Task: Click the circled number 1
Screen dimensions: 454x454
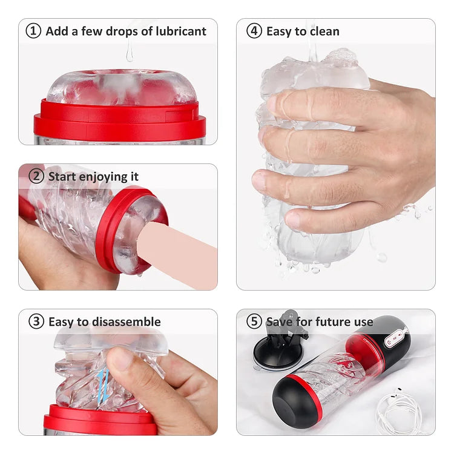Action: (33, 31)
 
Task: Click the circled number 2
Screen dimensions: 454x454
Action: (36, 176)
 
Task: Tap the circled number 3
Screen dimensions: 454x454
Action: (36, 321)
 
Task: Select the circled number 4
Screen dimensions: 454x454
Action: (254, 31)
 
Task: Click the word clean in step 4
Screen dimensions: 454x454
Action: (323, 31)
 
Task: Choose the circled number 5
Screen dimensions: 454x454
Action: (254, 321)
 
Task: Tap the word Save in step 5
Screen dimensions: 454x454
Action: (279, 321)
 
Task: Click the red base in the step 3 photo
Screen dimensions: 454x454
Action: (100, 420)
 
